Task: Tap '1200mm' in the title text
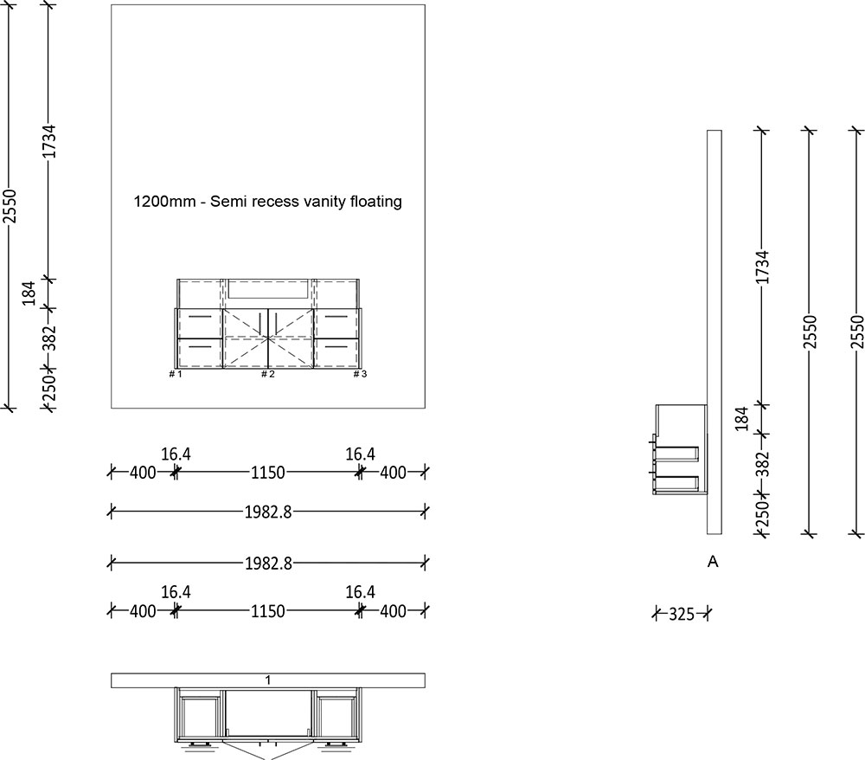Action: click(160, 202)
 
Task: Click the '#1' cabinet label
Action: click(176, 374)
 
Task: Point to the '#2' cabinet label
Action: click(268, 374)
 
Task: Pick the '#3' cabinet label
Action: click(360, 374)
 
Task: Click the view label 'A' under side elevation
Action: click(714, 563)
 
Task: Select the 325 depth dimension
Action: click(682, 615)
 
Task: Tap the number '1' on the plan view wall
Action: click(268, 680)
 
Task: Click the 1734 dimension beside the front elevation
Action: click(50, 141)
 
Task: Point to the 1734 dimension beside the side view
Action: click(762, 267)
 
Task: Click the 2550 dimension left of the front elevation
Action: click(10, 206)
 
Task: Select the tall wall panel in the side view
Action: click(714, 260)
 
